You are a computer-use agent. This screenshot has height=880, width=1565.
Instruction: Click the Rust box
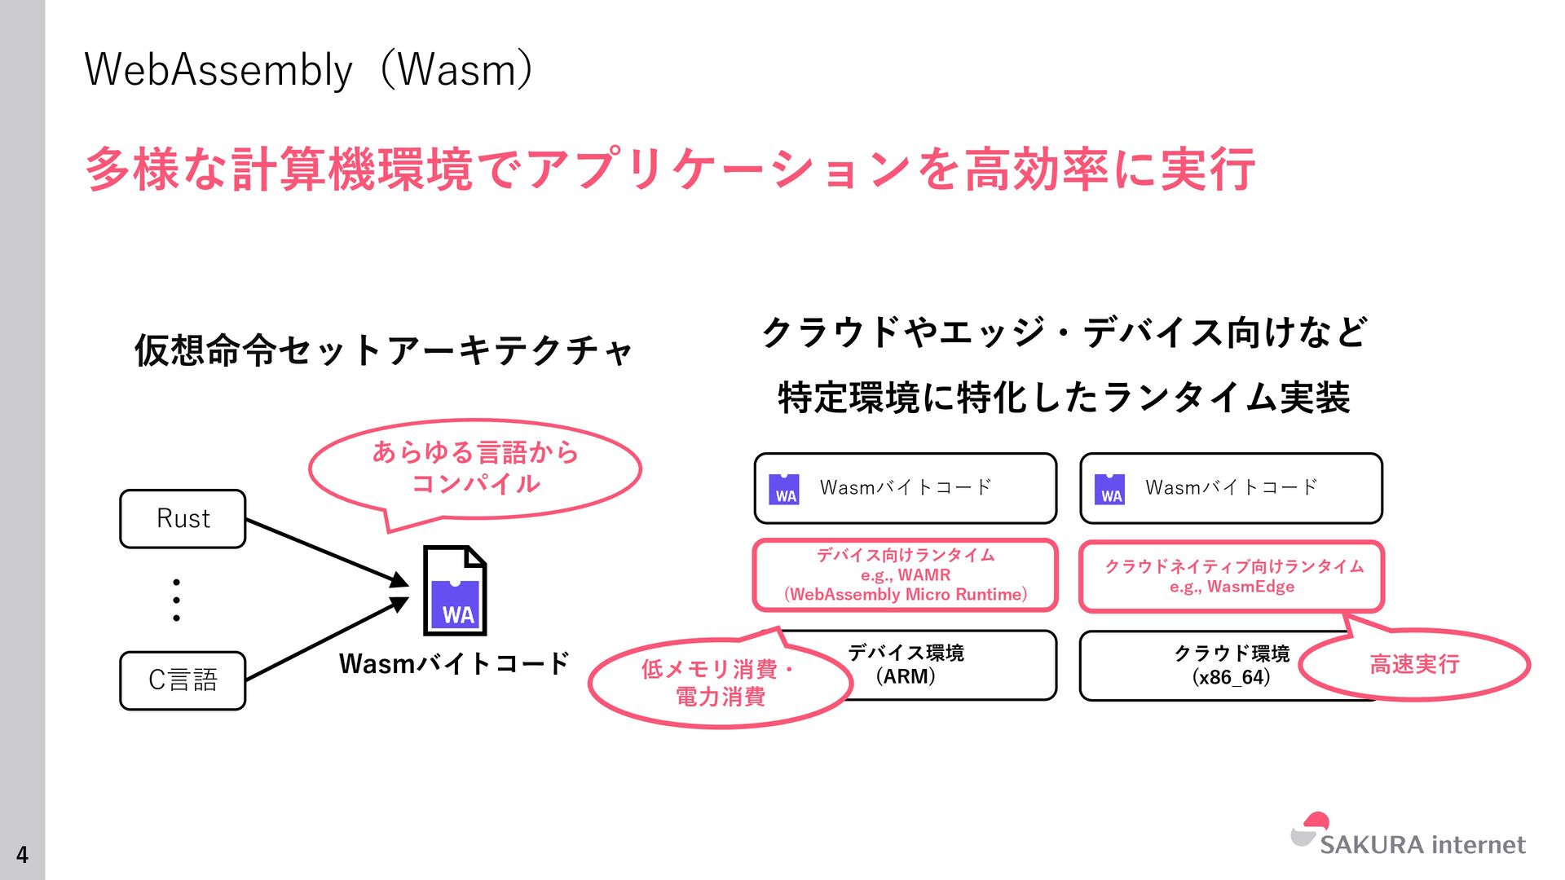click(183, 519)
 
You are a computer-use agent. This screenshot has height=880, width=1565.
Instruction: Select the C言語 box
click(183, 680)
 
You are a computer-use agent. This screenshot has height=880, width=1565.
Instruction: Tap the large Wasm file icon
click(455, 591)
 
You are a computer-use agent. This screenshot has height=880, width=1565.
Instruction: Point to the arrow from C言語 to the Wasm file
click(326, 640)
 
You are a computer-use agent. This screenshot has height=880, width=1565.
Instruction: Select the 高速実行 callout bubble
click(1414, 664)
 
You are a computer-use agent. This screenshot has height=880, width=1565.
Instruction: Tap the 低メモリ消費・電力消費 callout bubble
click(719, 682)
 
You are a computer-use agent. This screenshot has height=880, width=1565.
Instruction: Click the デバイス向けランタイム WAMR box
click(905, 575)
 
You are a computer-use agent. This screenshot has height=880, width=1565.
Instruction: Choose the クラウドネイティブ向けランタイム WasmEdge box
click(1232, 576)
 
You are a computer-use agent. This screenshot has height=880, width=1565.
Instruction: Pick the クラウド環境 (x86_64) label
click(1231, 665)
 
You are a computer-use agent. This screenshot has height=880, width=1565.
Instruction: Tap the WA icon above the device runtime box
click(784, 489)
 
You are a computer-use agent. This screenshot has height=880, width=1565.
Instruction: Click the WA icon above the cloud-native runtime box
click(1109, 489)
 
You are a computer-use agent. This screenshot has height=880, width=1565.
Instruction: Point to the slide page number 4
click(22, 854)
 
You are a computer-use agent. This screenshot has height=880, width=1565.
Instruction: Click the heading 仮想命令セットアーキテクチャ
click(383, 350)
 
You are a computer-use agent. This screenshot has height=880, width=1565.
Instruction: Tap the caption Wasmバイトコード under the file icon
click(454, 663)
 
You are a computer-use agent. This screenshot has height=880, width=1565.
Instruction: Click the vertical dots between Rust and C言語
click(176, 601)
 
